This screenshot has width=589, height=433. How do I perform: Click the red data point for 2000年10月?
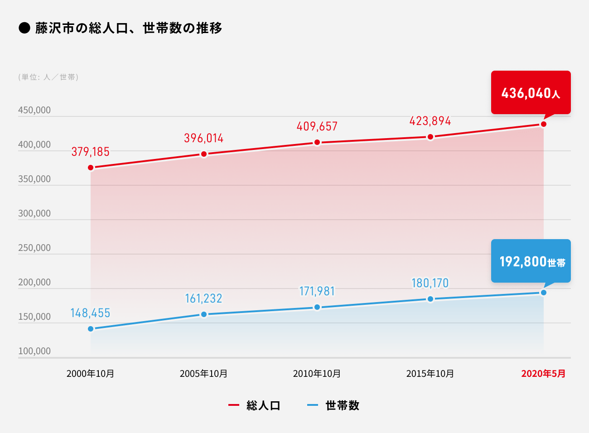tap(91, 168)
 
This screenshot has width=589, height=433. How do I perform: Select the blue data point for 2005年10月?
tap(204, 314)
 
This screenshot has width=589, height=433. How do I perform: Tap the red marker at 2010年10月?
tap(317, 143)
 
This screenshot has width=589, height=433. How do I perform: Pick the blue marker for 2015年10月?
tap(430, 299)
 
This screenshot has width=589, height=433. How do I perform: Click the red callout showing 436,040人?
tap(531, 92)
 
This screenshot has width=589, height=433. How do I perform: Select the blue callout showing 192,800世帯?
tap(531, 261)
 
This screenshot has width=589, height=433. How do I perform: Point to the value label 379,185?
tap(91, 152)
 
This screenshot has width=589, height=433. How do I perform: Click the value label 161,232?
tap(204, 298)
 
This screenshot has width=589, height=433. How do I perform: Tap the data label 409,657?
tap(317, 126)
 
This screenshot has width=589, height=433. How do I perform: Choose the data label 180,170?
tap(430, 283)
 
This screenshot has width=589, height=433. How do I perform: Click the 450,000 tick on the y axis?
tap(34, 110)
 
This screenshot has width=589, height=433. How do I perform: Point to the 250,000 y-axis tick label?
tap(34, 248)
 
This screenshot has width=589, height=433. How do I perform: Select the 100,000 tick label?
tap(34, 351)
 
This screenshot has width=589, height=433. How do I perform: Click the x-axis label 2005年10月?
tap(204, 374)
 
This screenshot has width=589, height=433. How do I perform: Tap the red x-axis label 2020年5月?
tap(543, 374)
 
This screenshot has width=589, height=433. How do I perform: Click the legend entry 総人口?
tap(263, 405)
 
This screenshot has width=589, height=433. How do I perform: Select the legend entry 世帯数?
tap(342, 405)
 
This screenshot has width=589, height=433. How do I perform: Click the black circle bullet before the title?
tap(24, 28)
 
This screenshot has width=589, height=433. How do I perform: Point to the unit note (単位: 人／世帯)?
tap(48, 77)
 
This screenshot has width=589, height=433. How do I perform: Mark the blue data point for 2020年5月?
tap(544, 293)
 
